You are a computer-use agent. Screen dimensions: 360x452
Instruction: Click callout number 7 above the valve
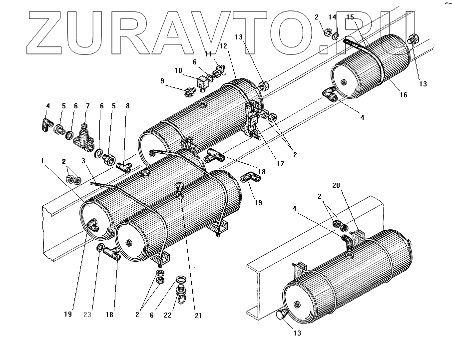coord(87,106)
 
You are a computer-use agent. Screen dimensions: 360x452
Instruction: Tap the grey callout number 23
coord(87,315)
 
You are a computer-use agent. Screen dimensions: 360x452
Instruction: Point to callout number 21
coord(198,315)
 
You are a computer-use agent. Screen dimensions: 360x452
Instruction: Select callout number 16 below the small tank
coord(404,95)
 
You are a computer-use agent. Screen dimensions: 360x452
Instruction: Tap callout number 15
coord(350,17)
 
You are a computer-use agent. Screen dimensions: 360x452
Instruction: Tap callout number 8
coord(128,106)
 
